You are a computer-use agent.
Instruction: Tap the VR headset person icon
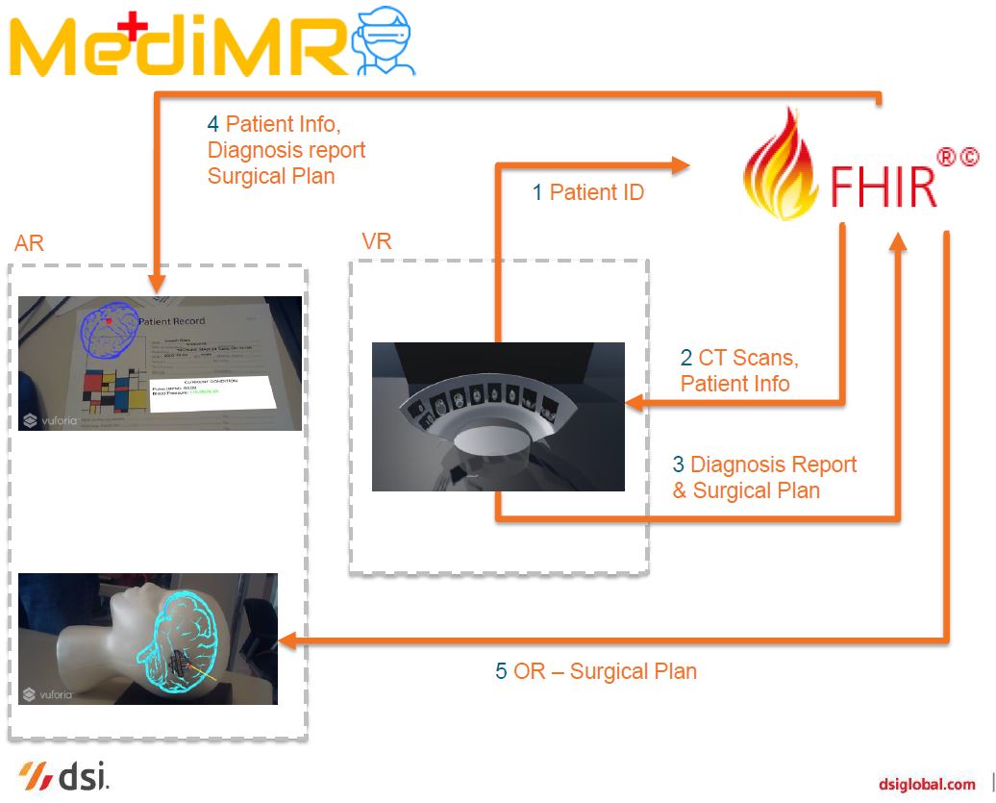click(x=386, y=40)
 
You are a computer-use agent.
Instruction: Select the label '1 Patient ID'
click(x=587, y=192)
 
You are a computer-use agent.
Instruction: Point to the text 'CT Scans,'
click(x=748, y=358)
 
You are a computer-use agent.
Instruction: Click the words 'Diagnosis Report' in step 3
click(x=773, y=464)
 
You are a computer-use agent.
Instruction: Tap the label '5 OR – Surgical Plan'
click(x=595, y=670)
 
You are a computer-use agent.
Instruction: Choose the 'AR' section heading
click(x=29, y=243)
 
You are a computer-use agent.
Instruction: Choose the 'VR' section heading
click(x=376, y=240)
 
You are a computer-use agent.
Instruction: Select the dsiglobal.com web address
click(x=927, y=784)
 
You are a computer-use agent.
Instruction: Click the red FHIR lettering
click(x=882, y=186)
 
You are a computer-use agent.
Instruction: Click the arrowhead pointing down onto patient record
click(x=158, y=284)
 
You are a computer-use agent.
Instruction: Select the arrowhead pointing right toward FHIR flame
click(x=681, y=166)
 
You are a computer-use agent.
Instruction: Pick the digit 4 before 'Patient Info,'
click(x=213, y=124)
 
